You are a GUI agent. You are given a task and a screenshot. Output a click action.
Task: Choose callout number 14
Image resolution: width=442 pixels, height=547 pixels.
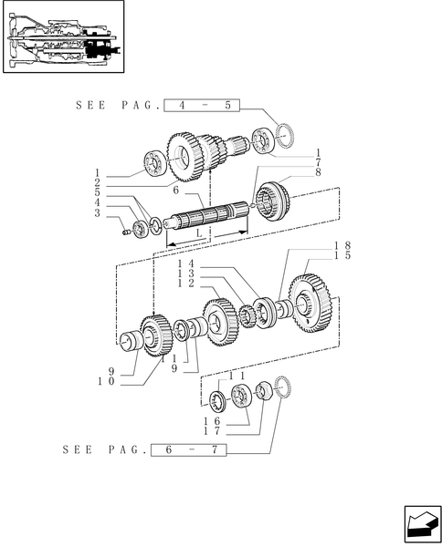click(186, 265)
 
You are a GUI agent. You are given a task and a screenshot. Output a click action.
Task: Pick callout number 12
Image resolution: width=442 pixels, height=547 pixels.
click(186, 284)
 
